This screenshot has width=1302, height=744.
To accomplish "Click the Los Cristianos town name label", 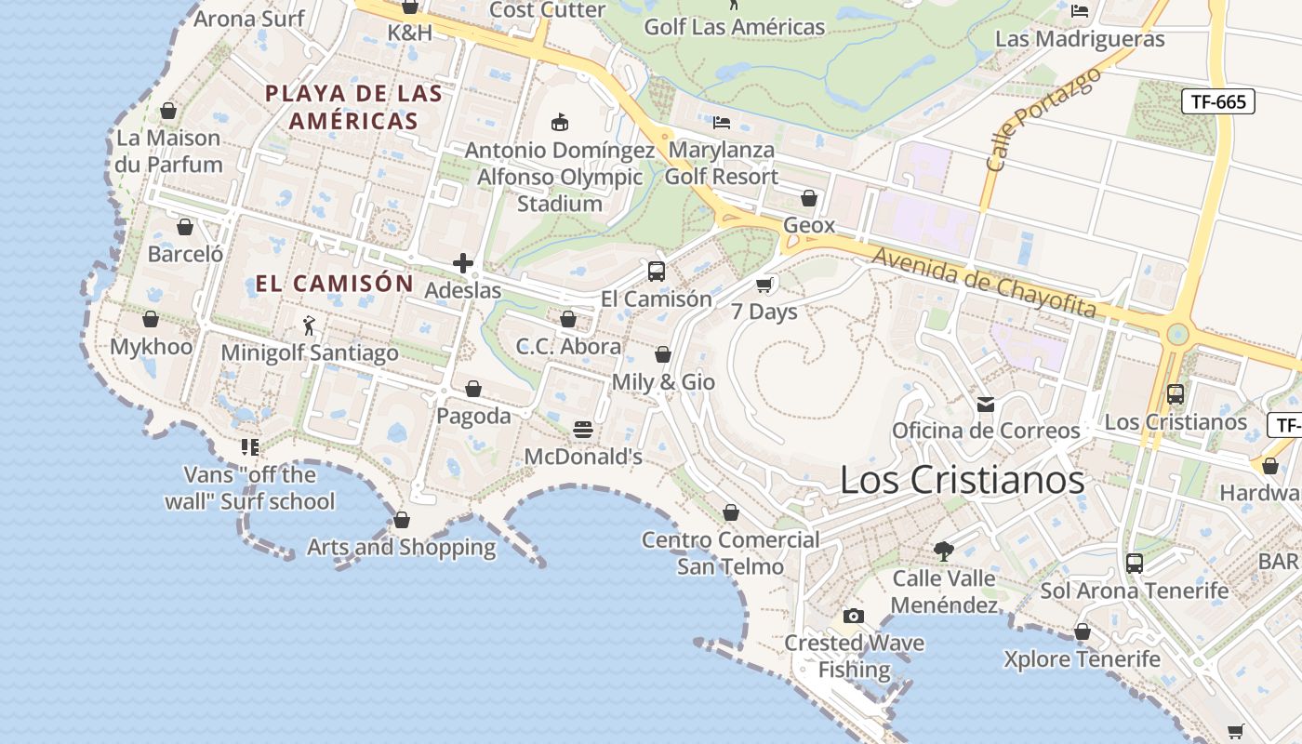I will [962, 480].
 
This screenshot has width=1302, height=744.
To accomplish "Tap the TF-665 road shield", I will [1217, 101].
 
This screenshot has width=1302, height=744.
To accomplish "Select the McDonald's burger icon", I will [583, 430].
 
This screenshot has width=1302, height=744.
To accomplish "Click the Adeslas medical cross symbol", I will [463, 263].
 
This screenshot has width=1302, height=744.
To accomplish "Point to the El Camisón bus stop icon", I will [656, 272].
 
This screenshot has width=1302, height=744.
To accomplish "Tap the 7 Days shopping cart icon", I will [764, 285].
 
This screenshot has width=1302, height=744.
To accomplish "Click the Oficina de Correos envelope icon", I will [986, 404].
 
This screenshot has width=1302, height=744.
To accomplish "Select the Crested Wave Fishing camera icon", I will [853, 616].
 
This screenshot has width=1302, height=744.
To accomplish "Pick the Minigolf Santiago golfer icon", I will [310, 325].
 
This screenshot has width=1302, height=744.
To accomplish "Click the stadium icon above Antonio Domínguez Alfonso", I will [560, 122].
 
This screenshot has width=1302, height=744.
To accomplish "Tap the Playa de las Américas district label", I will [353, 107].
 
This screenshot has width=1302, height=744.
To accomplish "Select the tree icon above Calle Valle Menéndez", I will [944, 551].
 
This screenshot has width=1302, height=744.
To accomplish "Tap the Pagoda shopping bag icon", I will [473, 389].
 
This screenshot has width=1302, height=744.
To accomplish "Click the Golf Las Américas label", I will [735, 27].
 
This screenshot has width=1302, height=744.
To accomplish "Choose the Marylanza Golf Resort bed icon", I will [722, 122].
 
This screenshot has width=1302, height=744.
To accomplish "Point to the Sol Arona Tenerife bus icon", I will [1134, 564].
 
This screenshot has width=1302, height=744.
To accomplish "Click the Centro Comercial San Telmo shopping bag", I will [731, 512].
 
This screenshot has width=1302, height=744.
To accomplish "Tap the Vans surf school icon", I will [249, 447].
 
